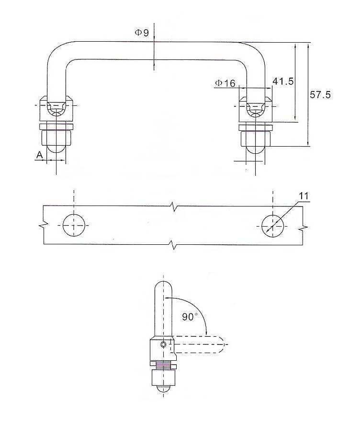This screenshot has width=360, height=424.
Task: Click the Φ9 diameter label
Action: pos(142,33)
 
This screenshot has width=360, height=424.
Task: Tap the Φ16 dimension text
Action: pos(225,83)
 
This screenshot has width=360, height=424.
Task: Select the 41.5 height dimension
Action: pos(282,81)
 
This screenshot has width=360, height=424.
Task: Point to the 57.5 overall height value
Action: pos(320,95)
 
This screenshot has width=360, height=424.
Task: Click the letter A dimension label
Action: pos(39,155)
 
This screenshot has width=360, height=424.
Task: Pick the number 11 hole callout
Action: pos(303,196)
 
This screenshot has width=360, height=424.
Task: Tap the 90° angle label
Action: pos(190,317)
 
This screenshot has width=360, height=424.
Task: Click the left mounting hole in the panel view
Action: pos(74,225)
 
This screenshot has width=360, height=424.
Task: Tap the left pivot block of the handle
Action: pos(56,110)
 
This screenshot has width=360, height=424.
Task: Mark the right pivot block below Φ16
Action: pos(255,110)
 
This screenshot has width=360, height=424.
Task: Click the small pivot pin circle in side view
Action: pos(164,344)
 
